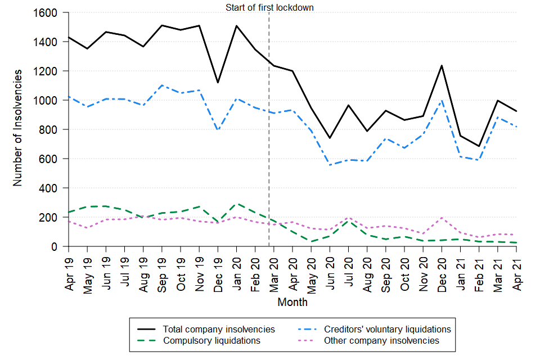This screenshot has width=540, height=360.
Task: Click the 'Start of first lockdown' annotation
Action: [269, 7]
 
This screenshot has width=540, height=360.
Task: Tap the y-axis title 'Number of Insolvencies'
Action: [18, 128]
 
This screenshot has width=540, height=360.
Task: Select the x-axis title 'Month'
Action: [292, 303]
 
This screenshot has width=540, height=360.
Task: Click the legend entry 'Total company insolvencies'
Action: [219, 329]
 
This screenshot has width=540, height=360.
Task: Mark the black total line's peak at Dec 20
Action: [442, 66]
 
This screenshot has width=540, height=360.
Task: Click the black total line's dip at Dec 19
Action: [218, 83]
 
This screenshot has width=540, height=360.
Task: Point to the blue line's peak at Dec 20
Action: [442, 100]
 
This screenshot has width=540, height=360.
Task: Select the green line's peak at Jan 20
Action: [237, 204]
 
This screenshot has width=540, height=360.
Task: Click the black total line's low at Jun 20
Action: [330, 138]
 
